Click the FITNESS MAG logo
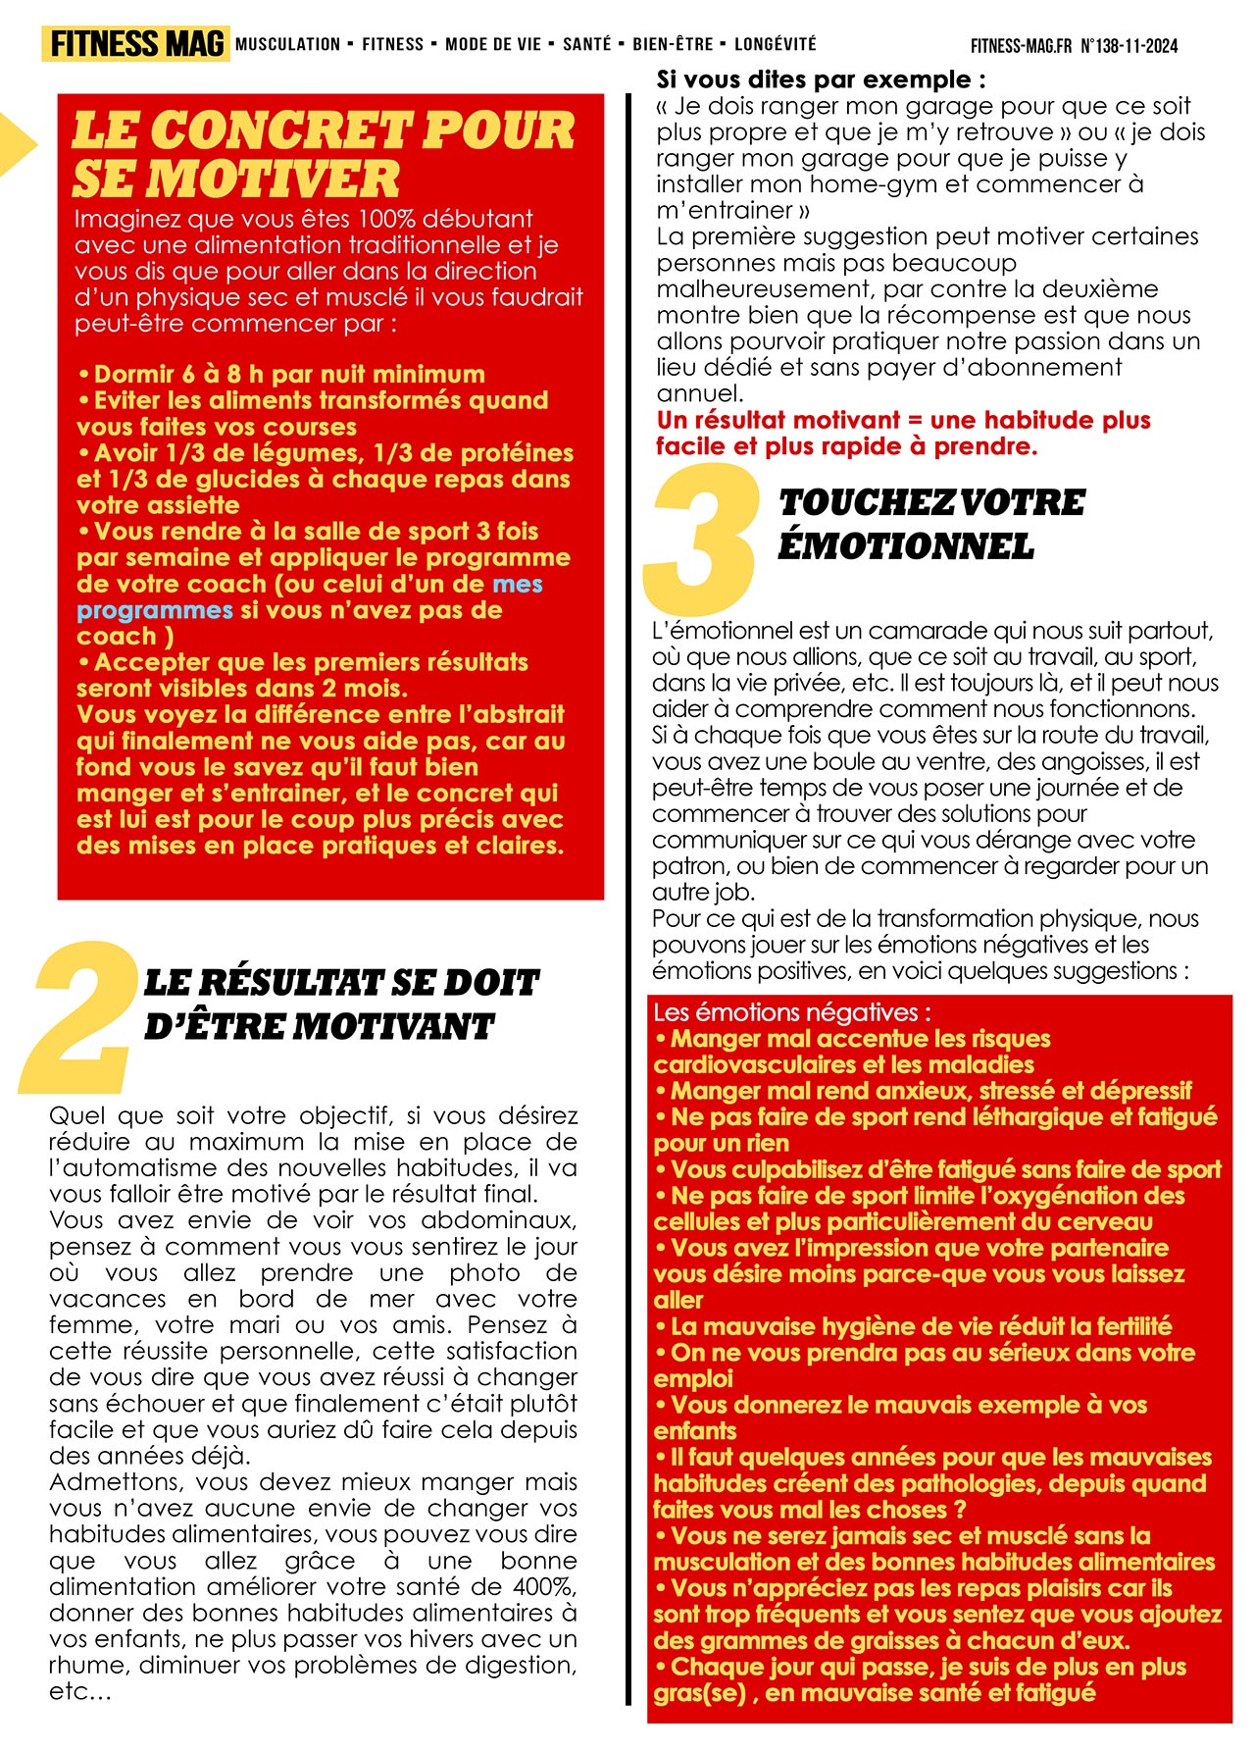click(x=135, y=44)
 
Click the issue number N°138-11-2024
click(x=1129, y=46)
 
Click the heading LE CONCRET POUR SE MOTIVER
click(x=324, y=154)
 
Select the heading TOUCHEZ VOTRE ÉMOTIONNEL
click(x=931, y=524)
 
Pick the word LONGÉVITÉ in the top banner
click(x=775, y=44)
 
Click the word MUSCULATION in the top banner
click(x=288, y=44)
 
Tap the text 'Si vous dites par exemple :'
click(x=821, y=79)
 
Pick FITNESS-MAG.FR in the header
click(x=1021, y=46)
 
